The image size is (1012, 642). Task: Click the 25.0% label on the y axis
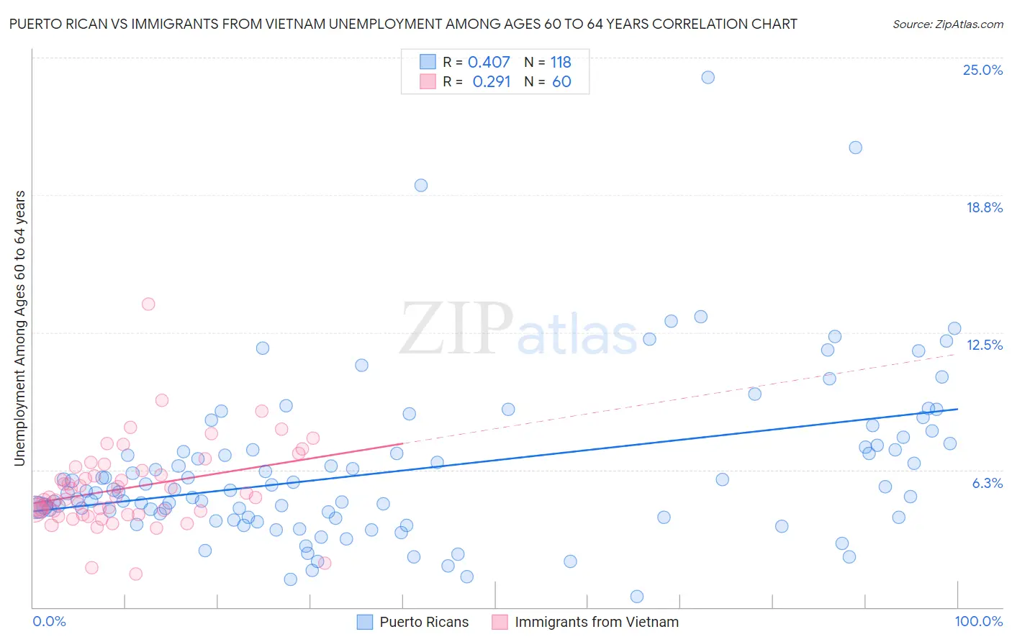pos(982,70)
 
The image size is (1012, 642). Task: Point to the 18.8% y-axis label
pos(984,207)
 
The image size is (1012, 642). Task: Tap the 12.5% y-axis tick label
pos(984,345)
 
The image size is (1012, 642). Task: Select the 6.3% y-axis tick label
pos(987,483)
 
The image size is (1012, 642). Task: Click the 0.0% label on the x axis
pos(49,621)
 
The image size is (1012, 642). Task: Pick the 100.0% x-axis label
pos(979,621)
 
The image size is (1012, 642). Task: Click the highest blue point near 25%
pos(708,77)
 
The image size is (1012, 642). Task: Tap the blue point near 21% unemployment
pos(855,148)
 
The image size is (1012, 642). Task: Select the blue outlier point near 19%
pos(421,185)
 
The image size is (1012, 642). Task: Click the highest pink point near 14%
pos(148,304)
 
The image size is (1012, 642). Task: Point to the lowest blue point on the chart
pos(637,596)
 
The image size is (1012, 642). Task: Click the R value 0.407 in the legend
pos(489,62)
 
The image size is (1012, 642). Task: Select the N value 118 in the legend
pos(561,62)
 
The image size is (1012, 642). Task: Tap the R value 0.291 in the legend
pos(491,81)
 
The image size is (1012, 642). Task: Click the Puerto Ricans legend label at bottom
pos(424,622)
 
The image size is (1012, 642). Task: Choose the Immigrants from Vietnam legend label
pos(597,622)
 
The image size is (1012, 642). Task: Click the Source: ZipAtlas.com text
pos(947,24)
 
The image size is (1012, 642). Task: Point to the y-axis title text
pos(20,328)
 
